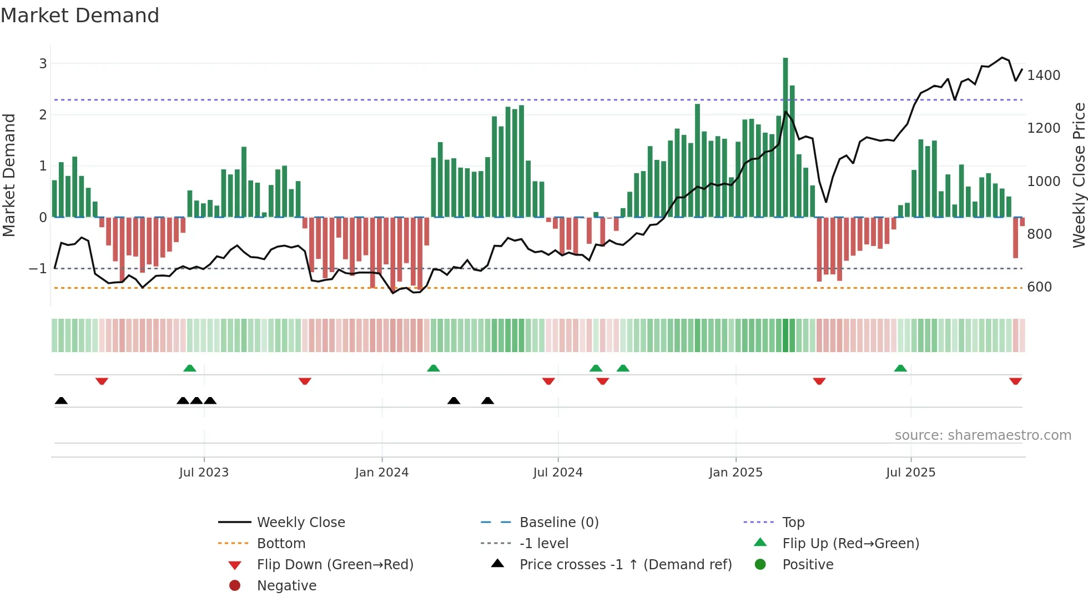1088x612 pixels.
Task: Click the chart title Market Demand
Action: click(80, 16)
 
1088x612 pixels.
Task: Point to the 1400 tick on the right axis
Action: click(1043, 76)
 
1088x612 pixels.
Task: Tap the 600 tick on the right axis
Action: click(1039, 287)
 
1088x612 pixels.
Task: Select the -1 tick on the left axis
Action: click(38, 269)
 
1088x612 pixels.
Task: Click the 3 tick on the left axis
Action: click(43, 64)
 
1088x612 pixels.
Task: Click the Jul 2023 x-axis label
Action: click(204, 473)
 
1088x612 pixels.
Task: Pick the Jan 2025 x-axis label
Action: click(736, 473)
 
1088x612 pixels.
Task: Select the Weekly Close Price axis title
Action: click(1079, 175)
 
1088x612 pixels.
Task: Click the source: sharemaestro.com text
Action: click(983, 435)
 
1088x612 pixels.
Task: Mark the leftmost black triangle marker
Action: click(62, 401)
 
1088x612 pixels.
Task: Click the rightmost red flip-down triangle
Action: click(1015, 382)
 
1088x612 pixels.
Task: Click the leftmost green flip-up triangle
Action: click(190, 368)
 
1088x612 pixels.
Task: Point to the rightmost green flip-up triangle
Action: click(900, 368)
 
